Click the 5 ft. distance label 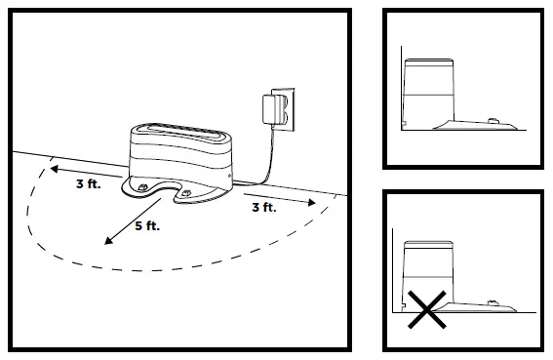[146, 226]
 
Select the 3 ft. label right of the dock [262, 208]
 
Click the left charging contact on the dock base [142, 184]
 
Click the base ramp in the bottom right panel [483, 305]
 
